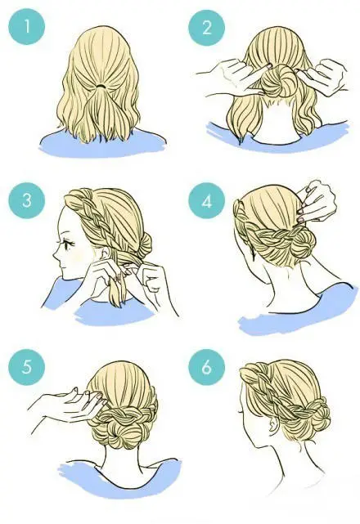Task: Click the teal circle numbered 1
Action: tap(27, 26)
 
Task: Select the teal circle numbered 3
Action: tap(27, 200)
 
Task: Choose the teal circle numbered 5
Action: tap(27, 366)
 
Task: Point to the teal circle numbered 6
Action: tap(207, 366)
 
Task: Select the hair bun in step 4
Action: tap(303, 244)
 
